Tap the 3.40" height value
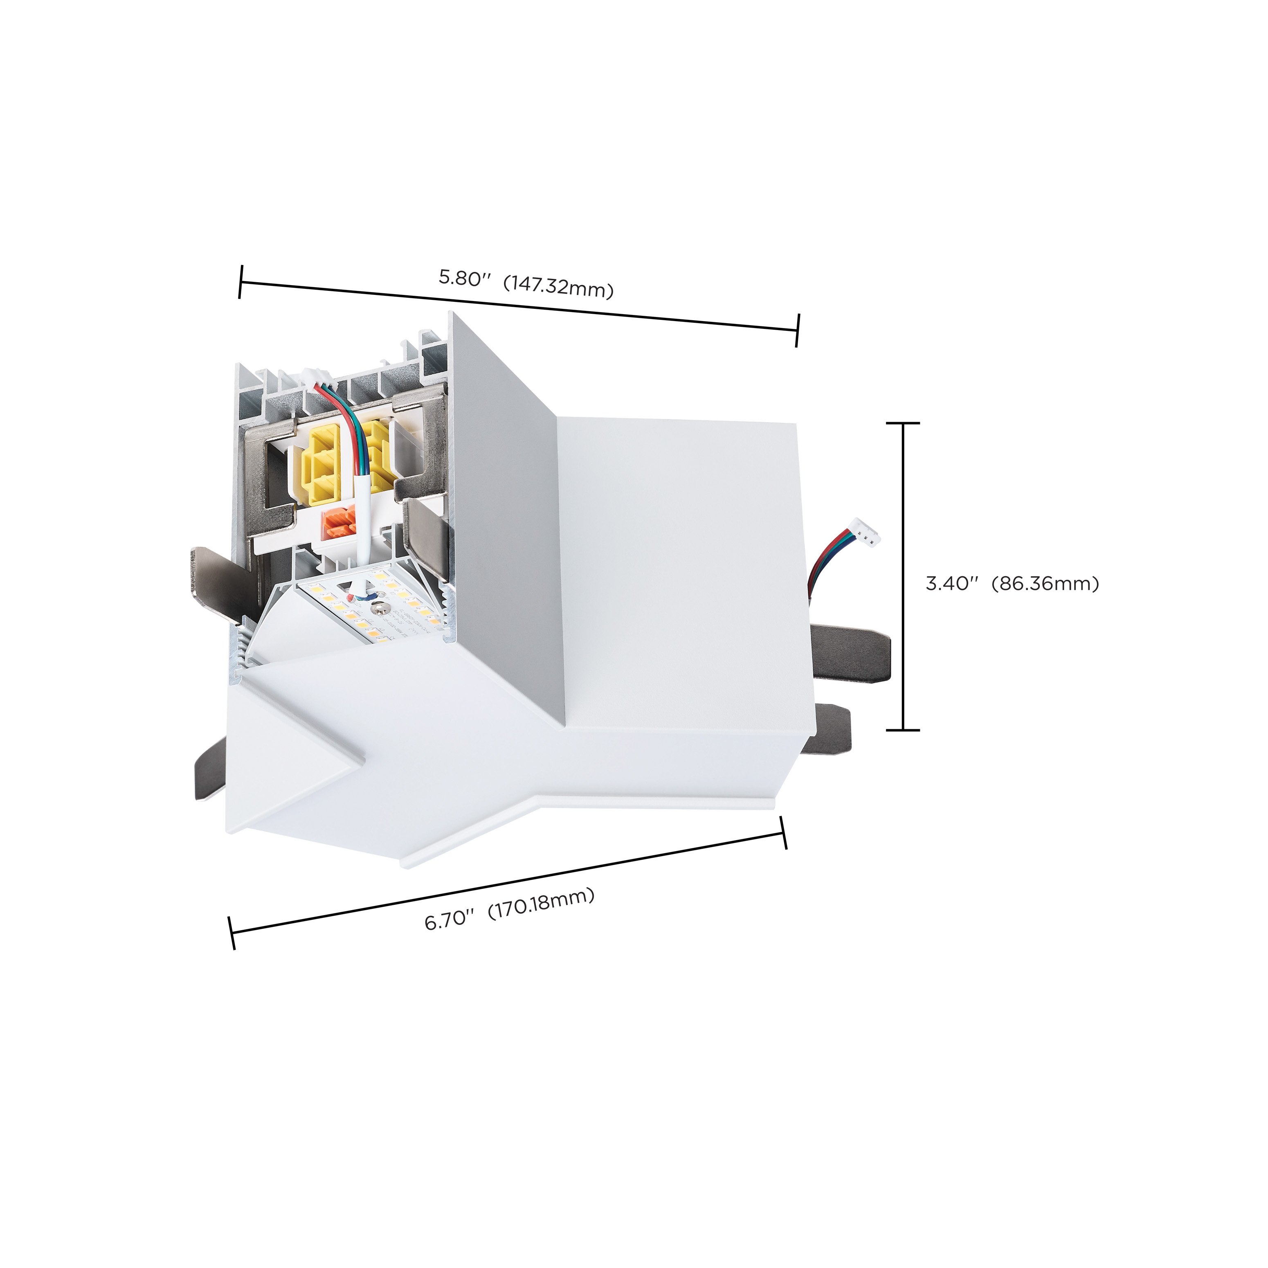[952, 583]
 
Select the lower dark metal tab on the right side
[830, 728]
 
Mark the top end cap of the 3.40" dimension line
[903, 423]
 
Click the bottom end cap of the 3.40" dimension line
[903, 729]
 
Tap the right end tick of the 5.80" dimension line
[798, 330]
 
